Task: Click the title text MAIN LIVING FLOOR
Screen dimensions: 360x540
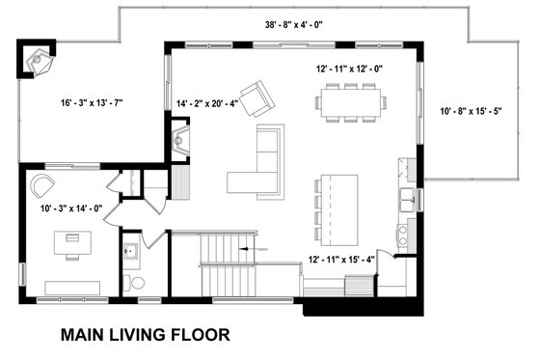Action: [145, 336]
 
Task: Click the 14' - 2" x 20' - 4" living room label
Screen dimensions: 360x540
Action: [208, 103]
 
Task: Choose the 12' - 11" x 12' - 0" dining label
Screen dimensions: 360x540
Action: [351, 69]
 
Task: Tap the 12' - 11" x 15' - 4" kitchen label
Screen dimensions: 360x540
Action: [340, 260]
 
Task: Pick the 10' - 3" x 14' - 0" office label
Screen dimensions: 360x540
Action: [70, 208]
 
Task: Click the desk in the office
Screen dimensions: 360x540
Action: [71, 238]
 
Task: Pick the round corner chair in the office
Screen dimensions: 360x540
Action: [41, 185]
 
